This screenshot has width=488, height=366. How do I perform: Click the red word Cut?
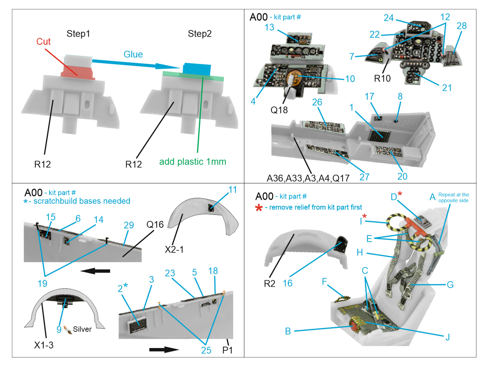43,41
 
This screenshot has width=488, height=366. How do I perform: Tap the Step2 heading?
199,34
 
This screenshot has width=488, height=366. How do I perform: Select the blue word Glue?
133,54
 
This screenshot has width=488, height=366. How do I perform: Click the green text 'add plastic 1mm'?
192,162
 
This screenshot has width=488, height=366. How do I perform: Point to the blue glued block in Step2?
197,69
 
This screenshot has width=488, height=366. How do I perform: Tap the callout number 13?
269,27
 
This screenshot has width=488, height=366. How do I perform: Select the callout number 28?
461,26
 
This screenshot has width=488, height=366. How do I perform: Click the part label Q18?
279,110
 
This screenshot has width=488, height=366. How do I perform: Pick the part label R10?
382,79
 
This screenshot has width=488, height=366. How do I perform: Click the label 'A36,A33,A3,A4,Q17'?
308,178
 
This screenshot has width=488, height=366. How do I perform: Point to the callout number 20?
402,176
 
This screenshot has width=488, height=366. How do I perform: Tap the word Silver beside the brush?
82,329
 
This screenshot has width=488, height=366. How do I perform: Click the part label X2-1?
174,249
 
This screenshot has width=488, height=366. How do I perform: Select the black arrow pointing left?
95,271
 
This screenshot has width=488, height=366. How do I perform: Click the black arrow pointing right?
164,350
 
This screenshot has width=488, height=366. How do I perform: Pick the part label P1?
228,350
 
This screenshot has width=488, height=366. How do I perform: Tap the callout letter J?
447,337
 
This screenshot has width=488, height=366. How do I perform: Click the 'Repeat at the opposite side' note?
454,198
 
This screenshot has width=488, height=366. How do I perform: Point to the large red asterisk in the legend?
259,208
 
